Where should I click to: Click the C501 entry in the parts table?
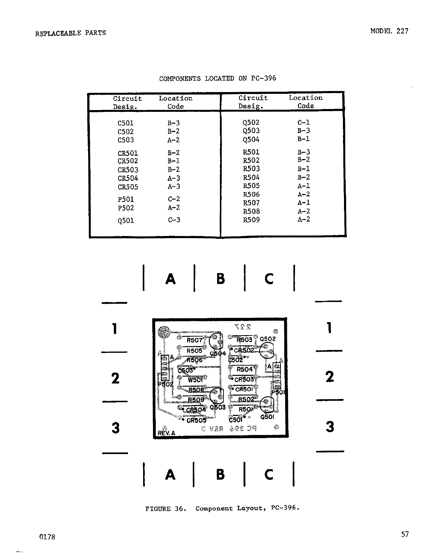click(x=125, y=123)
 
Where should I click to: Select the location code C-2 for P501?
click(x=174, y=199)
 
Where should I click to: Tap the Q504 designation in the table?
click(x=251, y=140)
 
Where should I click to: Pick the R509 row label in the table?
click(x=251, y=220)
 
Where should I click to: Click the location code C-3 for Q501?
click(x=174, y=220)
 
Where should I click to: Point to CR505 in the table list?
click(x=128, y=187)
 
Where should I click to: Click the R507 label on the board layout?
click(x=195, y=340)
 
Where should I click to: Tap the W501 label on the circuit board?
click(x=195, y=380)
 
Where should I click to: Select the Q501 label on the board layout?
click(x=267, y=417)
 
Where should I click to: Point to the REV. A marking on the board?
click(x=166, y=433)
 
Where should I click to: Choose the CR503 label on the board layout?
click(x=244, y=380)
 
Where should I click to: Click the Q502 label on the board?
click(x=268, y=339)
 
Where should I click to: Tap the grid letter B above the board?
click(x=220, y=279)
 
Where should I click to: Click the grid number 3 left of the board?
click(x=115, y=428)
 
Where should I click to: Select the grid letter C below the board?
click(x=269, y=475)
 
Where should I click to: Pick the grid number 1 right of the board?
click(x=329, y=328)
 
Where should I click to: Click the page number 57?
click(x=405, y=534)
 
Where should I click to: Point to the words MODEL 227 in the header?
click(x=389, y=31)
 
